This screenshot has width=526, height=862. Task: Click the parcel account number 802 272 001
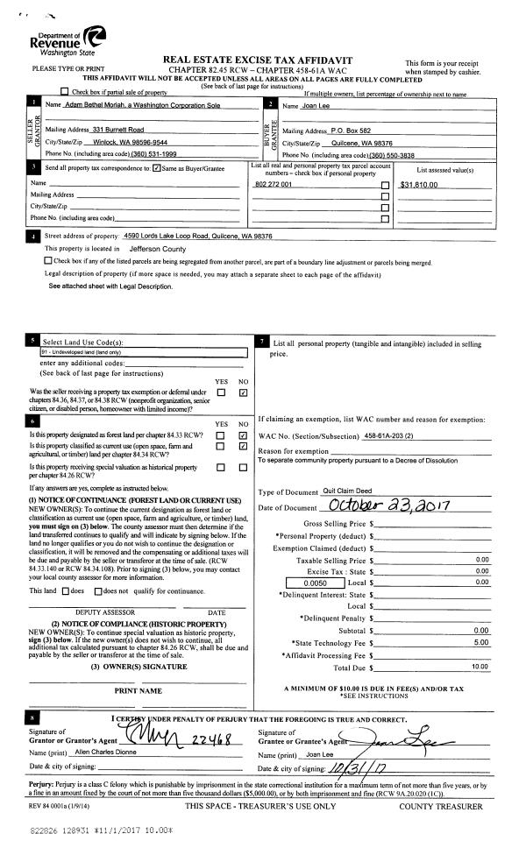pos(273,186)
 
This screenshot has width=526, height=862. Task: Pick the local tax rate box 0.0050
pos(315,557)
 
